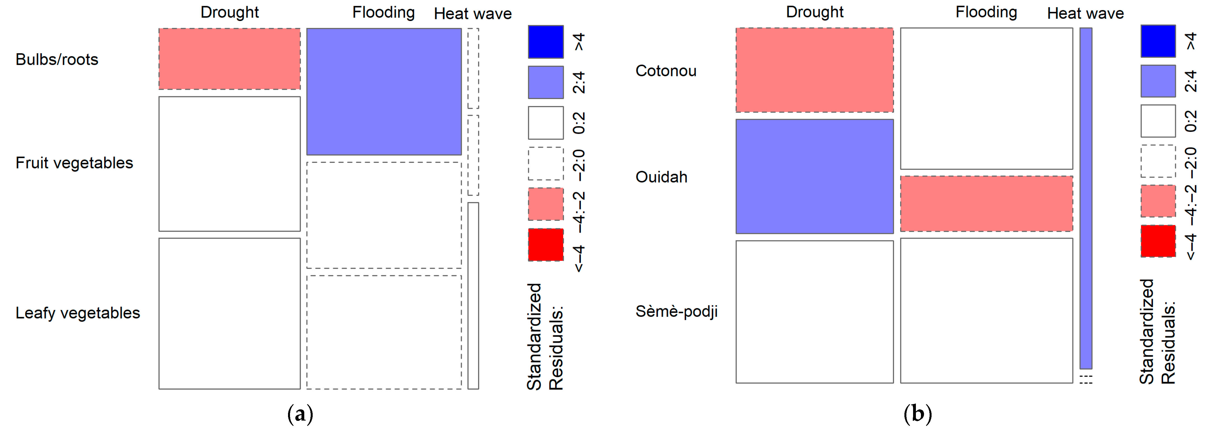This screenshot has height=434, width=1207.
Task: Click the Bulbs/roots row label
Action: [x=57, y=59]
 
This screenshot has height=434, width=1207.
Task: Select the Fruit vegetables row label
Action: [x=74, y=163]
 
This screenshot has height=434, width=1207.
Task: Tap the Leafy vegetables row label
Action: [x=77, y=313]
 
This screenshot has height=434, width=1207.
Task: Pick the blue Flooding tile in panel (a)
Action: [x=384, y=91]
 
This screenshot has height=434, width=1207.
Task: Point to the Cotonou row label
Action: [x=665, y=71]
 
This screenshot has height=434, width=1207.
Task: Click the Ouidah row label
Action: [x=661, y=177]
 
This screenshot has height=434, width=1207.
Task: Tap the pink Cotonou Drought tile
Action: [x=814, y=70]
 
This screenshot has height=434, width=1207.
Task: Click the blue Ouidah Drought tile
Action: [x=814, y=176]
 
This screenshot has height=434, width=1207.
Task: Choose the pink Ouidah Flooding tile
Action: [x=986, y=204]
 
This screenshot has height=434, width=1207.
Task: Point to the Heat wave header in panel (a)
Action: [x=472, y=14]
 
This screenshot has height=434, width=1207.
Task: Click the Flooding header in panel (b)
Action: [x=986, y=12]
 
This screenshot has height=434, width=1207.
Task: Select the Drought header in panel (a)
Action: [x=230, y=12]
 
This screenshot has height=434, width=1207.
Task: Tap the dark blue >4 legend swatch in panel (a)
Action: [x=545, y=42]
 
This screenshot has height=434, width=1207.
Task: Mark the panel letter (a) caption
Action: [x=300, y=414]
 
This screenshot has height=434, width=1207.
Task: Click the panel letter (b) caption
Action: [x=917, y=414]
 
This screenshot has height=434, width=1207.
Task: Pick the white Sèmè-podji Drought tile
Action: [x=814, y=312]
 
